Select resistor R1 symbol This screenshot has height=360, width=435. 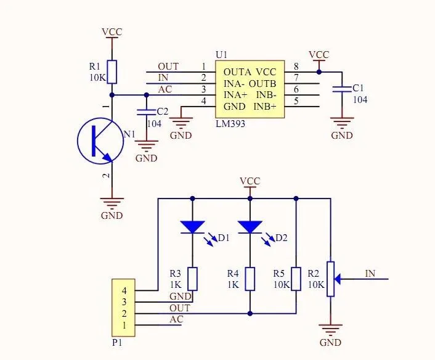(x=112, y=70)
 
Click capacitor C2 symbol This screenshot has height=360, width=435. (x=146, y=112)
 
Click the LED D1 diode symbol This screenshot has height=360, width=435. (x=193, y=227)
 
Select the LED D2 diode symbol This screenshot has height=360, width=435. (x=250, y=227)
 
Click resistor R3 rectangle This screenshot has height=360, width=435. (x=193, y=279)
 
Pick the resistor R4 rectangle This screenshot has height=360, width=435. (x=250, y=279)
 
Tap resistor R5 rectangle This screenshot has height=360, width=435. (x=296, y=279)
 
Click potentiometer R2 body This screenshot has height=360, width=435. (x=331, y=279)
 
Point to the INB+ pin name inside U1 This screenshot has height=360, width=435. (x=266, y=107)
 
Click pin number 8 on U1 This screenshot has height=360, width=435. (x=296, y=67)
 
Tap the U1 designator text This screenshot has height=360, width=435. (x=221, y=54)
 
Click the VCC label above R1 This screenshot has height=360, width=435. (x=112, y=31)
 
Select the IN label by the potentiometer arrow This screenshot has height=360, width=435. (x=370, y=273)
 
